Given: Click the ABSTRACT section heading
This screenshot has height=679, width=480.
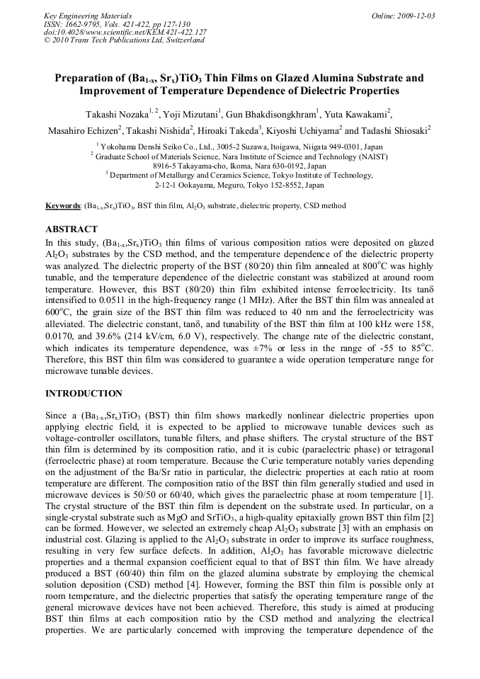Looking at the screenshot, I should point(71,230).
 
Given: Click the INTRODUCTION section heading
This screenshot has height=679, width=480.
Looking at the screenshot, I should point(84,394).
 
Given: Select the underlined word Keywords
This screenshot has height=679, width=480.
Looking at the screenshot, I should point(63,206).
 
